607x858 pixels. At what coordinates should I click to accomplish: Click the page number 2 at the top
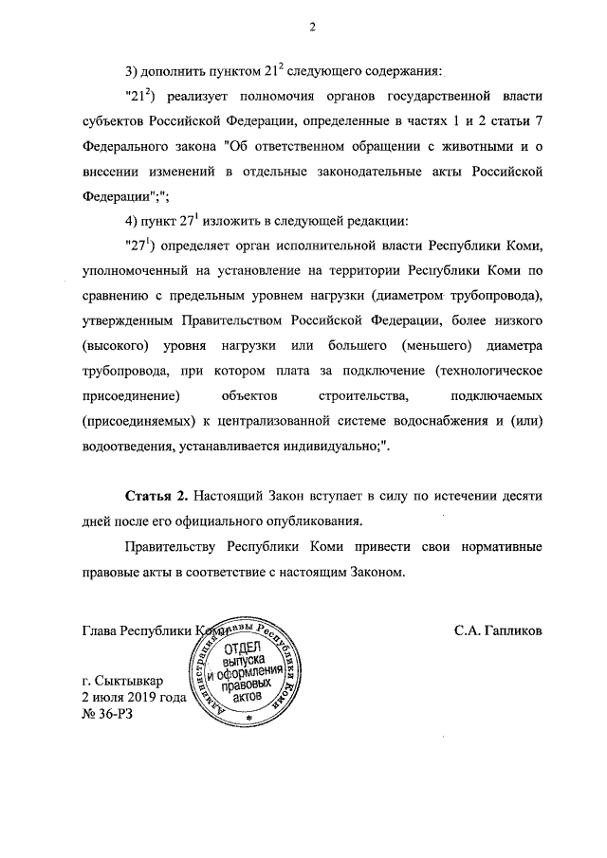pos(310,27)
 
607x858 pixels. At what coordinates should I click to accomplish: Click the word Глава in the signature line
pos(102,630)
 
